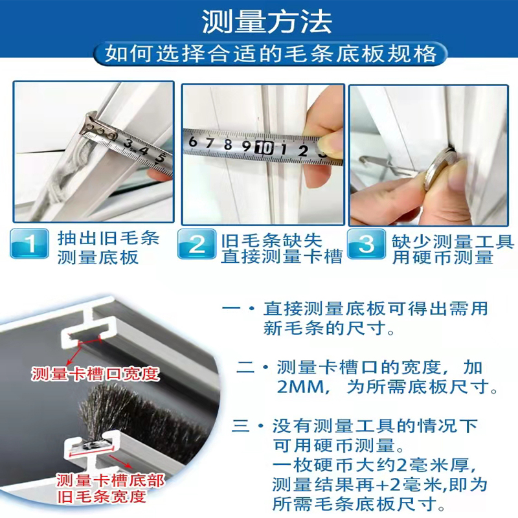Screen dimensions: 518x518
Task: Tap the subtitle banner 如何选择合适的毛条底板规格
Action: [271, 53]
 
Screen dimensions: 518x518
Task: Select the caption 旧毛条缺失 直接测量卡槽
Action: [280, 248]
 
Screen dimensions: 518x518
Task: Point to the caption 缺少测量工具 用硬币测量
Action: [452, 248]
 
